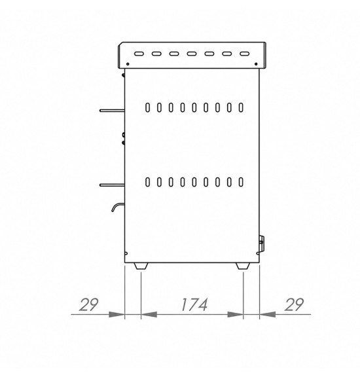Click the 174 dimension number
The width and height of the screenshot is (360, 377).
[x=194, y=304]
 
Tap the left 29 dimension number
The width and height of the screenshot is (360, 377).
[x=88, y=304]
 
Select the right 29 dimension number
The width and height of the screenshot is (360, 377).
[x=294, y=304]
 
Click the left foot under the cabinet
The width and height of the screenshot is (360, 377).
[x=141, y=266]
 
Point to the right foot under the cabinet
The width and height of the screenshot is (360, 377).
[x=243, y=266]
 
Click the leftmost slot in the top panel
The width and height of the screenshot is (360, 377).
[x=139, y=54]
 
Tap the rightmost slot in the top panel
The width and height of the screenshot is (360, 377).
[x=244, y=54]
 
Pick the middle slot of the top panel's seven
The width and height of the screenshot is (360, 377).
[x=192, y=54]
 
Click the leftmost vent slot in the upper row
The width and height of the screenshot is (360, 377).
[x=147, y=107]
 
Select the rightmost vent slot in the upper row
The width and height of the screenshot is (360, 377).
[x=241, y=107]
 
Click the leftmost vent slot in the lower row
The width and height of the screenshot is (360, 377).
[x=147, y=182]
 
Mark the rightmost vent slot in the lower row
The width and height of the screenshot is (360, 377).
[x=241, y=182]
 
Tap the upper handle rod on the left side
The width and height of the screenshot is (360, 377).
[x=112, y=111]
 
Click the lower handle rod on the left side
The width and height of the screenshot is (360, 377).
[x=112, y=185]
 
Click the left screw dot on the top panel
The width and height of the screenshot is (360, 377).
[x=128, y=64]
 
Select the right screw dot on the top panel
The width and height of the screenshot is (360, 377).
[x=256, y=64]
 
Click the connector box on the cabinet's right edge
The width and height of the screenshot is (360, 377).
[x=261, y=243]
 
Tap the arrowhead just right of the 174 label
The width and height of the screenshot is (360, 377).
[x=235, y=314]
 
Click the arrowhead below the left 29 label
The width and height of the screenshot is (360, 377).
[x=117, y=314]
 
